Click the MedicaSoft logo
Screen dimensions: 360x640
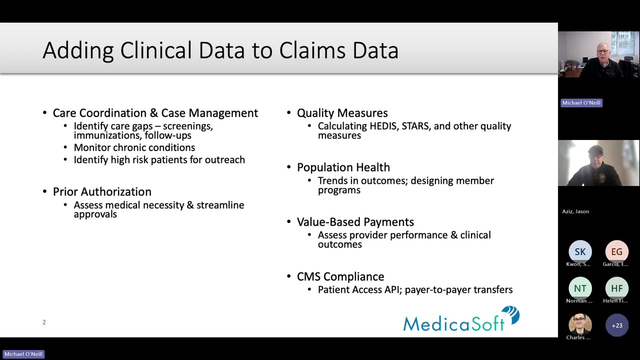461,320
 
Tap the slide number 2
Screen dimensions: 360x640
44,322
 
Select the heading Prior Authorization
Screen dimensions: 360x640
102,192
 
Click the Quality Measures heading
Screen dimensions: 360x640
342,113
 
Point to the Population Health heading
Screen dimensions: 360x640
343,167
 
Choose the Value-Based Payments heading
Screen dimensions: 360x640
355,222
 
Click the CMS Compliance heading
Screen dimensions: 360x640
340,276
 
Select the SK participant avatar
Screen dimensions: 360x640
580,252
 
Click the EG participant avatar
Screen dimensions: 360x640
616,252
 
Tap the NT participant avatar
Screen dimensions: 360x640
580,288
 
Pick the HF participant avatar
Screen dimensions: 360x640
616,288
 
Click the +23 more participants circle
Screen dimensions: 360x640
616,325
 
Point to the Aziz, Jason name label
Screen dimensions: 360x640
575,211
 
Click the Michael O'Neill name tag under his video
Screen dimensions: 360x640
581,103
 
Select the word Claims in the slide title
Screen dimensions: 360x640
313,50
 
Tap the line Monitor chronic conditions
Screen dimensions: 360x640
134,147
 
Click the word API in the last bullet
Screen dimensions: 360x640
388,290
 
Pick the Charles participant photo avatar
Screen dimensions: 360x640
580,325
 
